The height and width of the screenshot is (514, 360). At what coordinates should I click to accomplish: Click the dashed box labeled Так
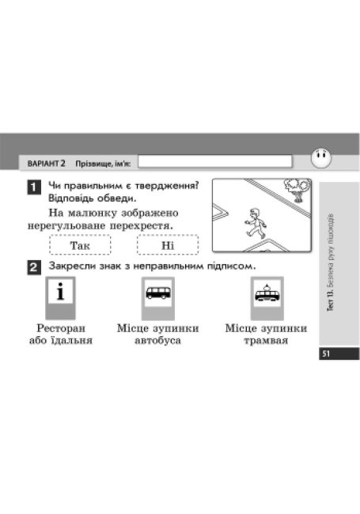[80, 245]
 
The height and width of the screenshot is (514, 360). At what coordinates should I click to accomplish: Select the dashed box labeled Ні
[168, 245]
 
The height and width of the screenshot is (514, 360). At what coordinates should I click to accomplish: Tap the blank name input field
[214, 161]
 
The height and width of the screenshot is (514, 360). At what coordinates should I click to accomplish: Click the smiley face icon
[321, 158]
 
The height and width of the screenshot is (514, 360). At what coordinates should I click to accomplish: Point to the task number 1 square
[34, 187]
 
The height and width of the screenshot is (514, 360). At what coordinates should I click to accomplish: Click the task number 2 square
[34, 267]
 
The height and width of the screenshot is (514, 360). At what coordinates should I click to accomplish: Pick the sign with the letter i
[60, 298]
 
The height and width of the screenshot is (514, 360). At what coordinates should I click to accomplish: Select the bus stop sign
[158, 298]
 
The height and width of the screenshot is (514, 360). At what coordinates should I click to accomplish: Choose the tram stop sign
[267, 298]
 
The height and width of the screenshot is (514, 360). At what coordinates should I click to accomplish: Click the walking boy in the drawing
[256, 223]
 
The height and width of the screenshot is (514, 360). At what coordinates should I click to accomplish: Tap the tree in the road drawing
[297, 190]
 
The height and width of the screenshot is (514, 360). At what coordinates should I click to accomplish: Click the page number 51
[326, 353]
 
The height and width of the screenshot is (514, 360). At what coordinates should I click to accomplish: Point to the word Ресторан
[61, 328]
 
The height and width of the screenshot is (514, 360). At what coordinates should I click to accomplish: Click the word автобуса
[157, 340]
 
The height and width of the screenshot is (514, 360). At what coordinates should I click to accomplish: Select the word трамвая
[266, 340]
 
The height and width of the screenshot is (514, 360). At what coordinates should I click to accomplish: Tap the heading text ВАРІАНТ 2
[46, 163]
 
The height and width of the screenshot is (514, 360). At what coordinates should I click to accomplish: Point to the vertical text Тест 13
[332, 300]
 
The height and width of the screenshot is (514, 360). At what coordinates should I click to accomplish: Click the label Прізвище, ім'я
[103, 164]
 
